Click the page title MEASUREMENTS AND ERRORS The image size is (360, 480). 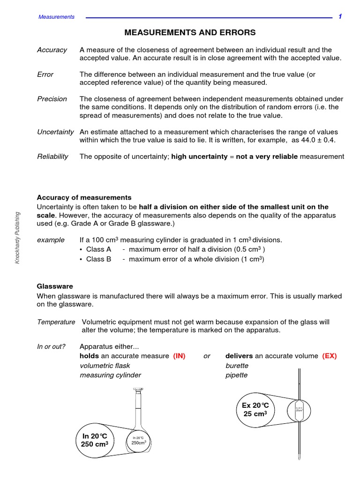[190, 32]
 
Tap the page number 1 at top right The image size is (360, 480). [340, 16]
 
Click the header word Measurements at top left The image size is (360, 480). [56, 17]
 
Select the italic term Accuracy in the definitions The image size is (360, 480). [52, 50]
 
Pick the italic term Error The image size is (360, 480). [45, 74]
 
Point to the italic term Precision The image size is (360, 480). [52, 99]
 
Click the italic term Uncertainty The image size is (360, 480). [55, 132]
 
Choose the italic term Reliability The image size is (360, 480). [52, 156]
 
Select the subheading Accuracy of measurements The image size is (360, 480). [84, 197]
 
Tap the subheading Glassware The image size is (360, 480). [55, 285]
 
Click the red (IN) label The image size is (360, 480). [179, 356]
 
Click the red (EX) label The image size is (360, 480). [329, 356]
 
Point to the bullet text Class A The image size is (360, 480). [98, 249]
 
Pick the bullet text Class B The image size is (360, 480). [98, 259]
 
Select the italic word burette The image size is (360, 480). [237, 365]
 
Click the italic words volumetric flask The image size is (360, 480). [105, 365]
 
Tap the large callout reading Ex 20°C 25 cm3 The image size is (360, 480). [255, 409]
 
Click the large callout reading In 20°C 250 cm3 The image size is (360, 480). [95, 440]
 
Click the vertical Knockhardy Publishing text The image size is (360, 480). [17, 237]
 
